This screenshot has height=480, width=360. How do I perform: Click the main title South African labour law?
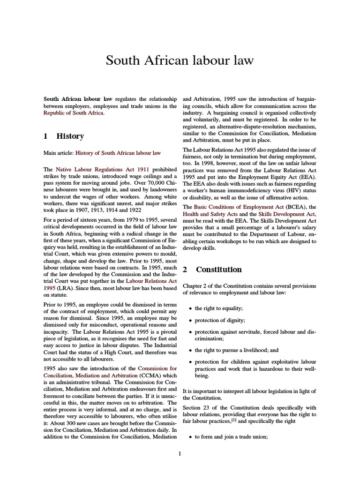click(x=180, y=60)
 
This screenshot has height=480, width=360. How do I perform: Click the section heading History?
click(x=70, y=136)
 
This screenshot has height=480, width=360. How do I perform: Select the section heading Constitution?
click(x=219, y=270)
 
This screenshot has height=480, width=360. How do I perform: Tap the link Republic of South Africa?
click(x=74, y=113)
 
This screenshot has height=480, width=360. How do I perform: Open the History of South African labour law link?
click(x=118, y=153)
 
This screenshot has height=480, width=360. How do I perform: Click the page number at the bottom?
click(x=180, y=453)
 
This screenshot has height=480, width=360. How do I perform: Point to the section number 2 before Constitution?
click(x=185, y=270)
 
